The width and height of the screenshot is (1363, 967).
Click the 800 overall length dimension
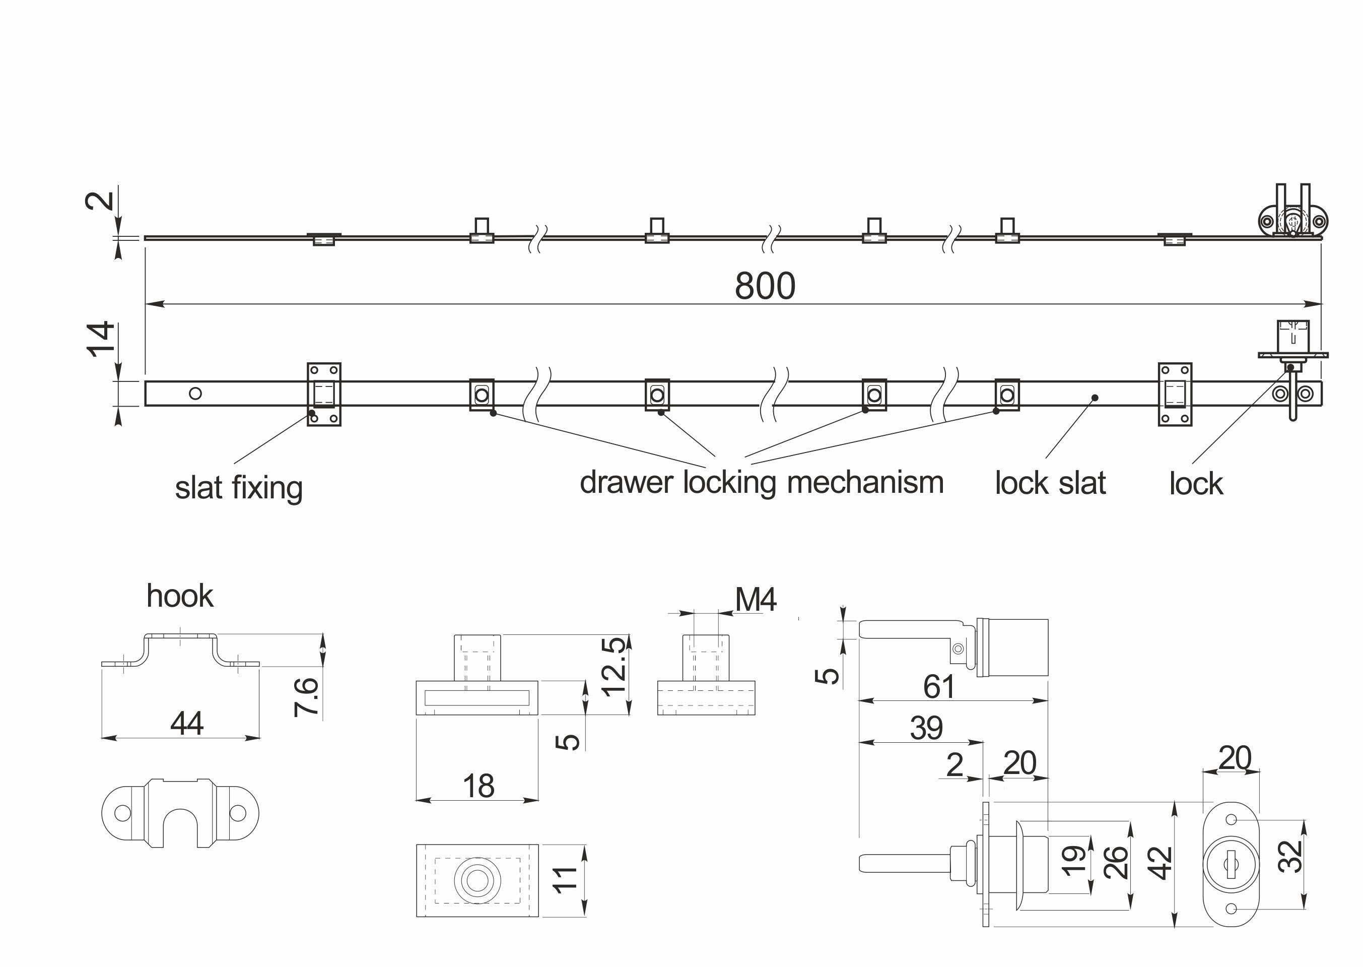click(x=765, y=286)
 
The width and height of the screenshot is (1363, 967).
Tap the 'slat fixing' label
click(x=239, y=488)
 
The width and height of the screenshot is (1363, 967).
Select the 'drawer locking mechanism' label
click(x=761, y=482)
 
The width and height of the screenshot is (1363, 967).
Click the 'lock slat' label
click(x=1050, y=483)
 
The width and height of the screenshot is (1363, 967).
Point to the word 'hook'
click(x=179, y=596)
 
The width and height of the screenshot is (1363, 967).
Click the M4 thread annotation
click(x=756, y=600)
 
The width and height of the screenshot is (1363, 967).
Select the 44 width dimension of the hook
click(x=187, y=724)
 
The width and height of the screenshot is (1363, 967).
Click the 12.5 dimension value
click(x=613, y=666)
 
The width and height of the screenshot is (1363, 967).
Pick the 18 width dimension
click(x=479, y=787)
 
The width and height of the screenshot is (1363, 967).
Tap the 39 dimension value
click(x=926, y=728)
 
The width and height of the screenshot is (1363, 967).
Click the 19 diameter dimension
click(x=1073, y=861)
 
